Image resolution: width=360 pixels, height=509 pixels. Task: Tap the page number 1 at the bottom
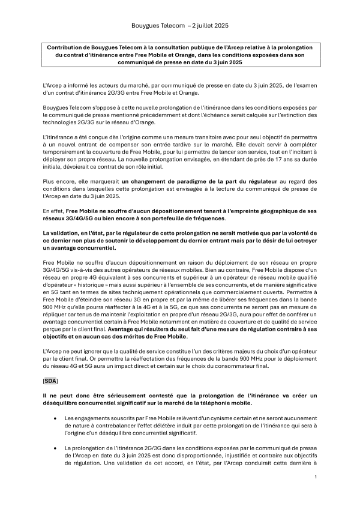pos(316,477)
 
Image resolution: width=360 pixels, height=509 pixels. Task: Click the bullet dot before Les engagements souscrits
pos(56,418)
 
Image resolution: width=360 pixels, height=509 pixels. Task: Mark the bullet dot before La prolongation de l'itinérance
pos(56,448)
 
